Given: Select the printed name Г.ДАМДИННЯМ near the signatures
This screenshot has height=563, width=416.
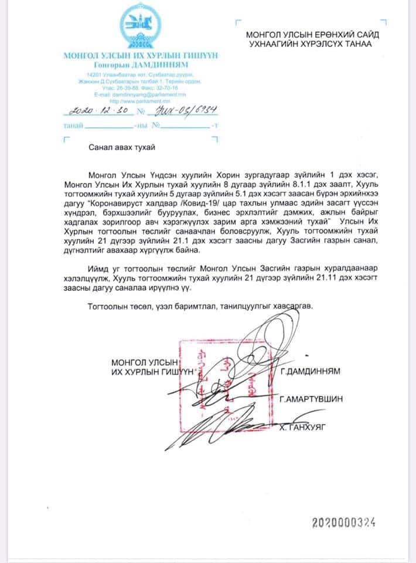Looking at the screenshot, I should pos(310,372).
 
